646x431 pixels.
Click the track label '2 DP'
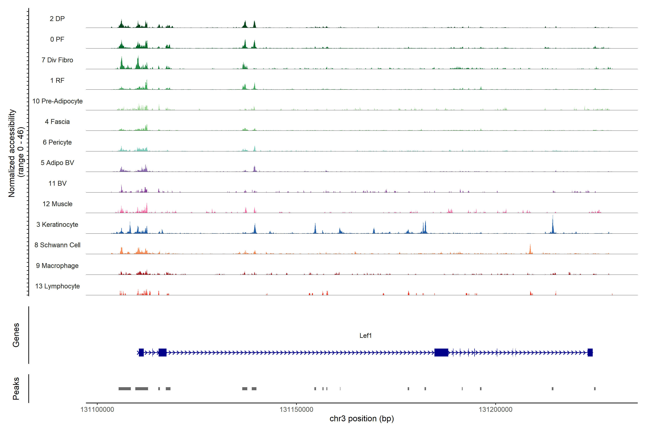click(x=57, y=19)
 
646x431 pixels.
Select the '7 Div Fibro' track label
click(x=57, y=60)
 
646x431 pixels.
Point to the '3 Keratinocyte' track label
click(x=57, y=225)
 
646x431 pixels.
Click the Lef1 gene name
click(x=366, y=336)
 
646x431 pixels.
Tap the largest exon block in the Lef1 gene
click(x=441, y=352)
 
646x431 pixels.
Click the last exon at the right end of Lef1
click(x=590, y=352)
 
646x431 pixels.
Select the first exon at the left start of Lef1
click(x=141, y=352)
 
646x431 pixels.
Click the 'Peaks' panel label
click(x=16, y=388)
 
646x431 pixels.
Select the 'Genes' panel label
click(x=16, y=335)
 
